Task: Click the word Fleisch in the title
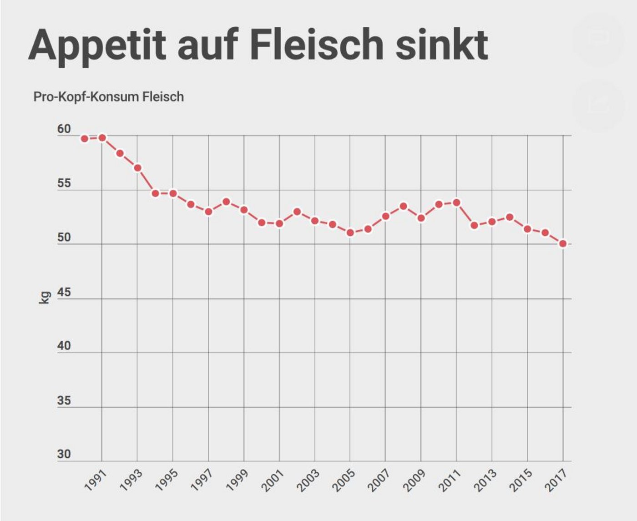coord(317,45)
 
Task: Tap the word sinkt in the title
coord(441,45)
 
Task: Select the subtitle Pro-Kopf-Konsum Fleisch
coord(108,97)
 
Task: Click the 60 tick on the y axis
coord(64,129)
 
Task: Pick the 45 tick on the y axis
coord(64,292)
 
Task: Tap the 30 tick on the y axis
coord(64,454)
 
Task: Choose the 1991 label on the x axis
coord(96,481)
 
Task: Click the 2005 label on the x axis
coord(344,481)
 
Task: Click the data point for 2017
coord(563,244)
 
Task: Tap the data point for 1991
coord(102,137)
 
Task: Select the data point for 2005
coord(350,233)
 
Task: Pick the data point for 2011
coord(456,202)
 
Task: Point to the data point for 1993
coord(137,168)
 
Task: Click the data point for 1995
coord(173,193)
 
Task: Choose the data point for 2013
coord(492,222)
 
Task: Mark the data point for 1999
coord(244,210)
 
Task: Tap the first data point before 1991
coord(84,138)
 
